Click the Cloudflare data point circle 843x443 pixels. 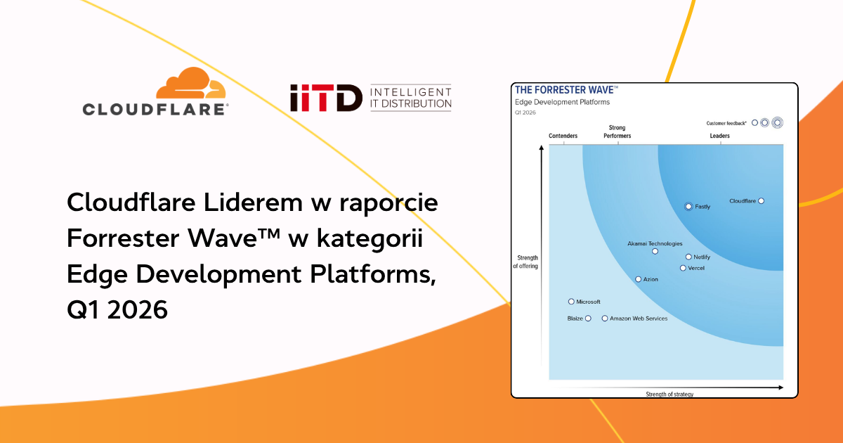762,201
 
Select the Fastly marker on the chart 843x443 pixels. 688,207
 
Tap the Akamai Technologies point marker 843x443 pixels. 655,251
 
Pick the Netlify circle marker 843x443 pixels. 688,257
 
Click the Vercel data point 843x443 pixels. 683,268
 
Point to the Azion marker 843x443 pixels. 639,279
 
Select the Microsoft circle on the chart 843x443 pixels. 571,302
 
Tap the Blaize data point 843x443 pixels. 588,319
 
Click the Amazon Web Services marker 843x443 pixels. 605,319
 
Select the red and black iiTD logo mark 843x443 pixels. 326,98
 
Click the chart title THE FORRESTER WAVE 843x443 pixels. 566,90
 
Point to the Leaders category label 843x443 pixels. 719,136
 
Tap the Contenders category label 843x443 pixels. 563,136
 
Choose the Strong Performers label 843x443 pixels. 617,132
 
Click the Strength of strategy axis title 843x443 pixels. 669,394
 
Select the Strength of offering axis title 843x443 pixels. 525,262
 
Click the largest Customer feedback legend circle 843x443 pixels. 777,123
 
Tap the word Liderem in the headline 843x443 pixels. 253,203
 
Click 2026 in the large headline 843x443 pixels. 138,309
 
